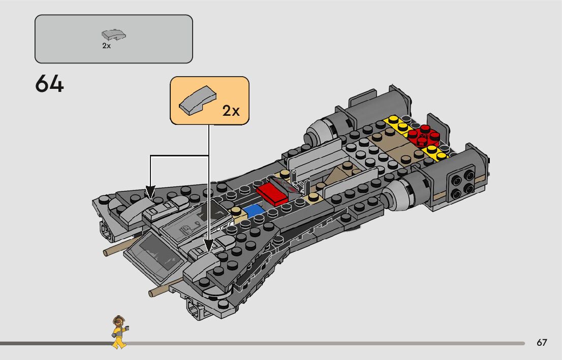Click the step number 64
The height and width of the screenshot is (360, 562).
tap(50, 84)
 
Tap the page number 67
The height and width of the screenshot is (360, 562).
tap(542, 343)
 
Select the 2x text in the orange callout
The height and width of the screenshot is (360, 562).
tap(231, 111)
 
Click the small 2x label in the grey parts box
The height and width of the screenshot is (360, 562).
tap(106, 46)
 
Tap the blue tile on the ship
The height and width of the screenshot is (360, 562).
tap(253, 211)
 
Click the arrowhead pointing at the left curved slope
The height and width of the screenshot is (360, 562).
tap(150, 192)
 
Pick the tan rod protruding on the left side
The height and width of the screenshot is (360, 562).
tap(116, 250)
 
